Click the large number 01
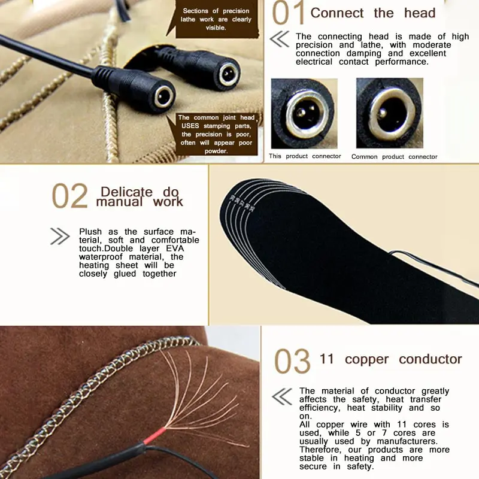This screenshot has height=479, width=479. pyautogui.click(x=289, y=13)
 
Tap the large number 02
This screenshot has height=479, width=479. pyautogui.click(x=70, y=196)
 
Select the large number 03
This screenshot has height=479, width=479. pyautogui.click(x=292, y=362)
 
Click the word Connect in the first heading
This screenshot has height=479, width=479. pyautogui.click(x=337, y=13)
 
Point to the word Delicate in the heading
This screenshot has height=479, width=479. pyautogui.click(x=126, y=192)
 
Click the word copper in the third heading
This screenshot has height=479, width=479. pyautogui.click(x=366, y=360)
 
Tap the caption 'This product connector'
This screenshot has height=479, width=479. pyautogui.click(x=305, y=156)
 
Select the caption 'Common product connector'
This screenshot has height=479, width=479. pyautogui.click(x=394, y=157)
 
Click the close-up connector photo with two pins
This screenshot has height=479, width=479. pyautogui.click(x=304, y=113)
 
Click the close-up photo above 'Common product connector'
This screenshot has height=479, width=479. pyautogui.click(x=390, y=113)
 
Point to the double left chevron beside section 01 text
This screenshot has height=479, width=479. pyautogui.click(x=279, y=39)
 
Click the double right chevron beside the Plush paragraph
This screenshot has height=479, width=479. pyautogui.click(x=60, y=236)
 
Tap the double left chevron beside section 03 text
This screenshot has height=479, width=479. pyautogui.click(x=281, y=396)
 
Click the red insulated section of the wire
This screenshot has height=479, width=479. pyautogui.click(x=154, y=436)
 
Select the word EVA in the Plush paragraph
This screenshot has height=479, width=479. pyautogui.click(x=175, y=248)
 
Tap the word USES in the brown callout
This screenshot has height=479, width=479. pyautogui.click(x=190, y=126)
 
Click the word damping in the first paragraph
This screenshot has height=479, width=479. pyautogui.click(x=364, y=53)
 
